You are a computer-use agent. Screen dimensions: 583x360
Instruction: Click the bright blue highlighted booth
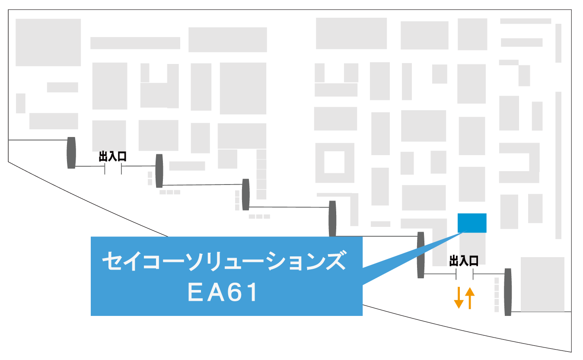(472, 223)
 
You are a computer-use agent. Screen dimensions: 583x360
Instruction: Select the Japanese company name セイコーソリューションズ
(224, 261)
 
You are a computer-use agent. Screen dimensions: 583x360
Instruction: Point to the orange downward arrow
(459, 297)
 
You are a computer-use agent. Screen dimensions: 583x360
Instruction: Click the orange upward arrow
(470, 298)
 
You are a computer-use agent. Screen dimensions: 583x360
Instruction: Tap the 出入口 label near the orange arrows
(464, 261)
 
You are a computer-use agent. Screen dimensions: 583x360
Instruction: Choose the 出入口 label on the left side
(113, 157)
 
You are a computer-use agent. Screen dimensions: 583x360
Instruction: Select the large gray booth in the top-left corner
(48, 42)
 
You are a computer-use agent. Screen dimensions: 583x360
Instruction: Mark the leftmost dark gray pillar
(71, 153)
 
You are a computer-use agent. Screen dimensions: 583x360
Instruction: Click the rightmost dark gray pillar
(508, 292)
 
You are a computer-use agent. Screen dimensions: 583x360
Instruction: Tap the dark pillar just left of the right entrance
(421, 255)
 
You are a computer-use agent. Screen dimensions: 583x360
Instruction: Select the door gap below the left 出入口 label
(113, 169)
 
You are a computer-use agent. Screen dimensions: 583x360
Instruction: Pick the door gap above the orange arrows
(464, 274)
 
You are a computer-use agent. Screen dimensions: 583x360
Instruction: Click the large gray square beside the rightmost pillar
(542, 284)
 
